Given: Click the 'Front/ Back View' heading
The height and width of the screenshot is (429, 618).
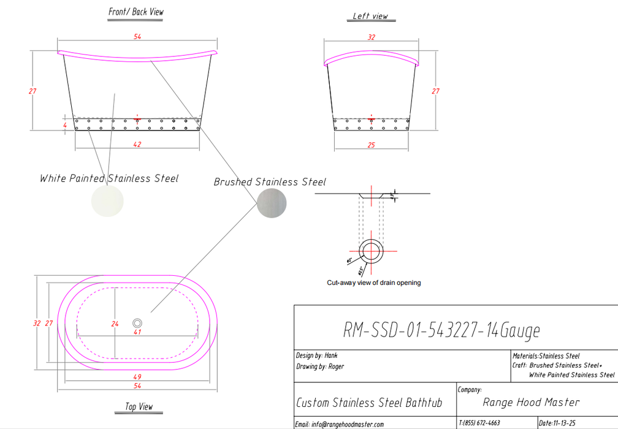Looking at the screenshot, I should click(136, 12).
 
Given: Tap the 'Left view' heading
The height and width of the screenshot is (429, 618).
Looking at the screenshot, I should click(370, 16).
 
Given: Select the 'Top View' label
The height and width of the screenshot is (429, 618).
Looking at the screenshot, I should click(139, 407).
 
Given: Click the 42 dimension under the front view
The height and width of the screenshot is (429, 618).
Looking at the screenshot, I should click(137, 145).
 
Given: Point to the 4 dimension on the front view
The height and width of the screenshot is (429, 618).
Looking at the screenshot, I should click(64, 125).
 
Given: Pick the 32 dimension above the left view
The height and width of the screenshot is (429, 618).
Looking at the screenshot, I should click(371, 37).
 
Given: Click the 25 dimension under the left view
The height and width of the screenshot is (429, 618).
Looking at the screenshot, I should click(371, 145).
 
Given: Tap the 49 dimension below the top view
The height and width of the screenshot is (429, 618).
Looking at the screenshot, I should click(137, 377).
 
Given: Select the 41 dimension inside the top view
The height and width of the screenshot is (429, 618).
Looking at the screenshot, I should click(137, 332).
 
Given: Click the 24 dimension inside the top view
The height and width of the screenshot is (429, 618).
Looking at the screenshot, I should click(114, 324).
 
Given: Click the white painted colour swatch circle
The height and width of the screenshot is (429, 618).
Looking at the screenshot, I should click(107, 201).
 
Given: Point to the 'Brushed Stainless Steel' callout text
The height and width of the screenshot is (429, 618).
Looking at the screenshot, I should click(270, 182).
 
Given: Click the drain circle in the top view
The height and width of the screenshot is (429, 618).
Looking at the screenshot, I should click(137, 322).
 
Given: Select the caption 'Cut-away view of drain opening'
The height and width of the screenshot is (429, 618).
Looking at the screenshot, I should click(373, 283).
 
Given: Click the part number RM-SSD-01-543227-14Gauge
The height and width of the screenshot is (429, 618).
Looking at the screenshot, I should click(441, 331).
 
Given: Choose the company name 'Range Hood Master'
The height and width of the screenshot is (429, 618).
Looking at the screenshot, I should click(531, 403).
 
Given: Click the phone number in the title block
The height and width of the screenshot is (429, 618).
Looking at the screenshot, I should click(479, 423).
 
